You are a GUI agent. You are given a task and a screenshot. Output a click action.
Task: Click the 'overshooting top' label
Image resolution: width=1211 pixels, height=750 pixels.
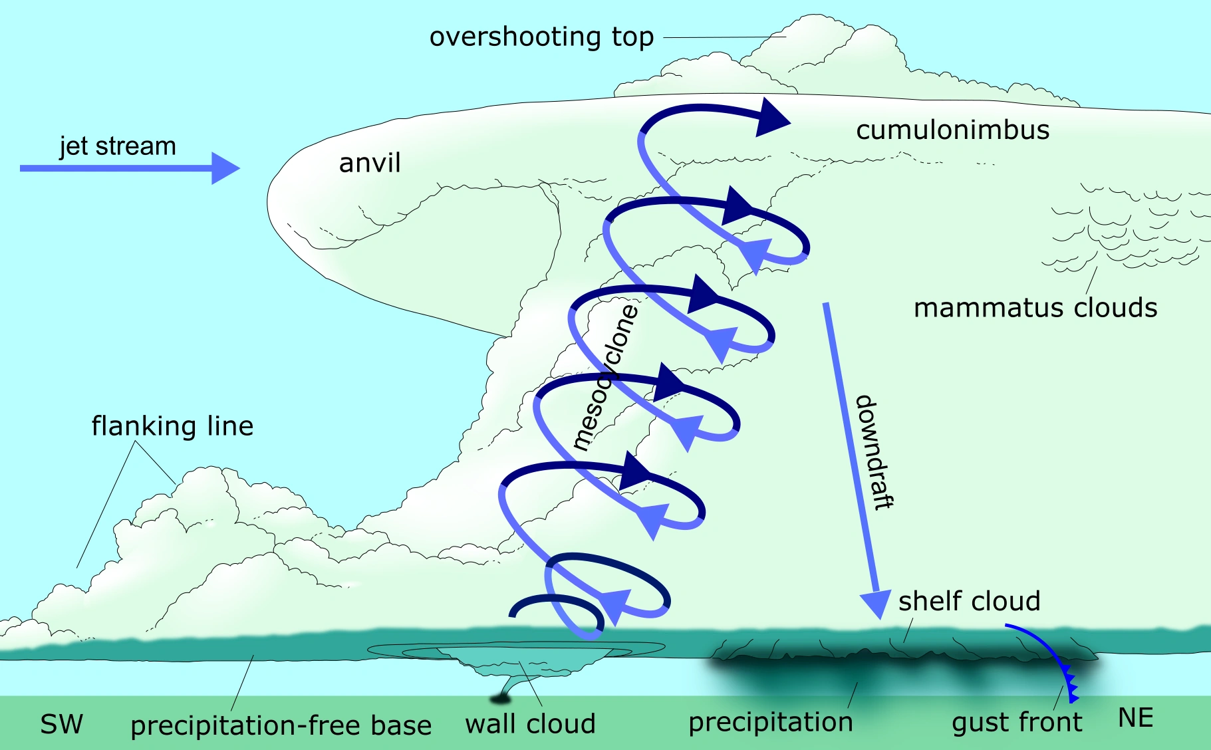click(x=541, y=37)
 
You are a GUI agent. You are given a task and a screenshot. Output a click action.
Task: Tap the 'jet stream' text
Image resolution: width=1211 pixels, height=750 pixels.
click(x=118, y=146)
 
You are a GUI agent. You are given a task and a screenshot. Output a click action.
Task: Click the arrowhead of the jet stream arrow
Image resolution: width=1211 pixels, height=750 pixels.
click(x=225, y=168)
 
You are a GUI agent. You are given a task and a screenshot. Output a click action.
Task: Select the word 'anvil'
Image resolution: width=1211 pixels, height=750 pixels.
click(x=370, y=163)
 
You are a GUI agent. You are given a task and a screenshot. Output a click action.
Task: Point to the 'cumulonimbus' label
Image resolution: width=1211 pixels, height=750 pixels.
click(x=952, y=130)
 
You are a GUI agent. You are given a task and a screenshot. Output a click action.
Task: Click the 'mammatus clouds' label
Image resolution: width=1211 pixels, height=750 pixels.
click(x=1035, y=308)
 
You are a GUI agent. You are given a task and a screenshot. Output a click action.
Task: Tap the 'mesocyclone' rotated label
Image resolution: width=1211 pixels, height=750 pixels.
click(x=605, y=378)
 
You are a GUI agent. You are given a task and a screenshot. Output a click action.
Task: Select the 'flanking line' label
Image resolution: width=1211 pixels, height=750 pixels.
click(x=172, y=426)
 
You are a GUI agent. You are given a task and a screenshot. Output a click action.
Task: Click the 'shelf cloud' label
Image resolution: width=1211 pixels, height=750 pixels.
click(x=969, y=601)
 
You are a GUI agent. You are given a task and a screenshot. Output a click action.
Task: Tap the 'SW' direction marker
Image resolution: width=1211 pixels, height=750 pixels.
click(x=62, y=724)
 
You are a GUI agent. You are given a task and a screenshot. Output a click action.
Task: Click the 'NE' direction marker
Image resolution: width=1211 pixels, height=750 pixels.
click(x=1135, y=718)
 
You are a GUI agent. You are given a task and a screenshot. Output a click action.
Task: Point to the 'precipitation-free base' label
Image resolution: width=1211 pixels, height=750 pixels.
click(x=281, y=725)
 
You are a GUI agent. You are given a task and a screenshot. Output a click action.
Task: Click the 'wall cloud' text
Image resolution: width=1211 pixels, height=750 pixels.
click(x=530, y=724)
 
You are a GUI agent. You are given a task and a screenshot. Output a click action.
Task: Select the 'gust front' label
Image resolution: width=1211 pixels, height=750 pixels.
click(x=1017, y=722)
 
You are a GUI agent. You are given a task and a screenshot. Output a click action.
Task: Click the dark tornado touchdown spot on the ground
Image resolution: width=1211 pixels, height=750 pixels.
click(x=500, y=698)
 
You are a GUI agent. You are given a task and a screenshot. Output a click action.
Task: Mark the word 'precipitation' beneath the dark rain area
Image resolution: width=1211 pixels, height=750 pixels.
click(x=770, y=722)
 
